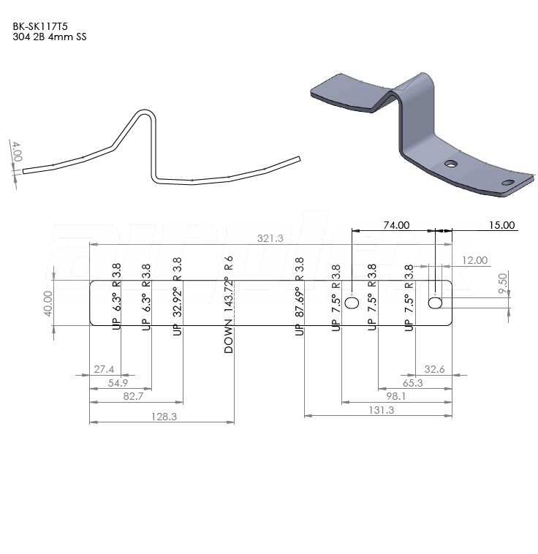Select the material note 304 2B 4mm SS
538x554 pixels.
pyautogui.click(x=49, y=36)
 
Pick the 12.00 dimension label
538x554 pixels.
pyautogui.click(x=475, y=261)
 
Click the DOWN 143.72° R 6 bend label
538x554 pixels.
pyautogui.click(x=229, y=306)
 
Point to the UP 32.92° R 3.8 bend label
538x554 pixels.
pyautogui.click(x=176, y=297)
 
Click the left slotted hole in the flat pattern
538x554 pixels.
pyautogui.click(x=352, y=303)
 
